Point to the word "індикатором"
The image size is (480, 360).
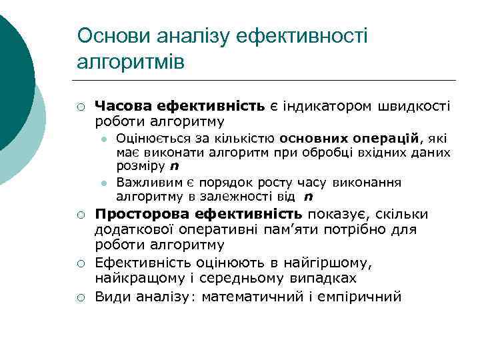tap(321, 106)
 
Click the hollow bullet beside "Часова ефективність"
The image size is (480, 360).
tap(79, 107)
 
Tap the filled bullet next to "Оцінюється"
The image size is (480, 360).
tap(105, 139)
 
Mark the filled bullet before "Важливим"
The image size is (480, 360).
tap(105, 182)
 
